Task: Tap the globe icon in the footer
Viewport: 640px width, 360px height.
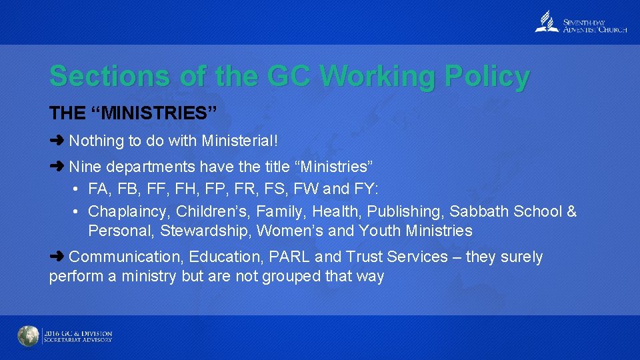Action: coord(28,336)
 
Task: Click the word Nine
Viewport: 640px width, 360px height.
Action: coord(83,166)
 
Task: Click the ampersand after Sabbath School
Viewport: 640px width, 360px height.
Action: coord(571,212)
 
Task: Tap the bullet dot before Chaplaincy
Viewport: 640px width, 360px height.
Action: coord(77,212)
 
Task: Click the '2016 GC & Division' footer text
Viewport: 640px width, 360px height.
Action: coord(78,333)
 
